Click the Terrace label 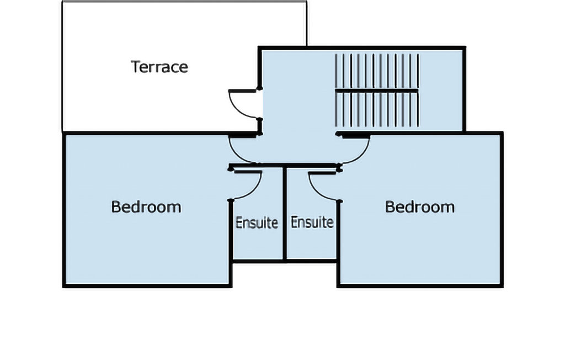click(159, 67)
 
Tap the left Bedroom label click(146, 207)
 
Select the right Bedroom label click(420, 207)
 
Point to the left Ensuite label click(257, 223)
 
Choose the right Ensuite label click(312, 222)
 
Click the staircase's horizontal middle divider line click(376, 91)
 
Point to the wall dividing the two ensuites click(285, 214)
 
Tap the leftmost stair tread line click(336, 90)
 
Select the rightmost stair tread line click(418, 90)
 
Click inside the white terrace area click(144, 101)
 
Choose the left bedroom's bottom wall click(147, 285)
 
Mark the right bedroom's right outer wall click(501, 210)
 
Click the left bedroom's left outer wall click(65, 210)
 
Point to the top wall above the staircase click(362, 48)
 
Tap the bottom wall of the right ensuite click(312, 261)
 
